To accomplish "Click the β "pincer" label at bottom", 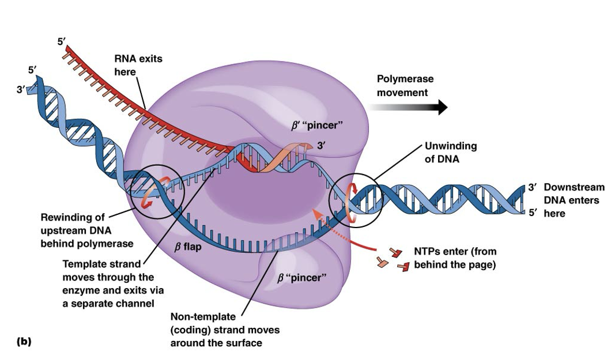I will [x=301, y=278].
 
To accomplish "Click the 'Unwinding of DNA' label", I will [x=450, y=153].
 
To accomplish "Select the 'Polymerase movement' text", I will [x=405, y=86].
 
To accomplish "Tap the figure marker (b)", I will [x=24, y=341].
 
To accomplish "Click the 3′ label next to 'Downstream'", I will [x=533, y=188].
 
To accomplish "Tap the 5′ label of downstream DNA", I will [x=533, y=213].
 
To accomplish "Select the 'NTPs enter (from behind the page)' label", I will [x=455, y=258].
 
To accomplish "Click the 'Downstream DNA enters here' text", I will [x=574, y=200].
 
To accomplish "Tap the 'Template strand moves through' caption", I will [x=113, y=283].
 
